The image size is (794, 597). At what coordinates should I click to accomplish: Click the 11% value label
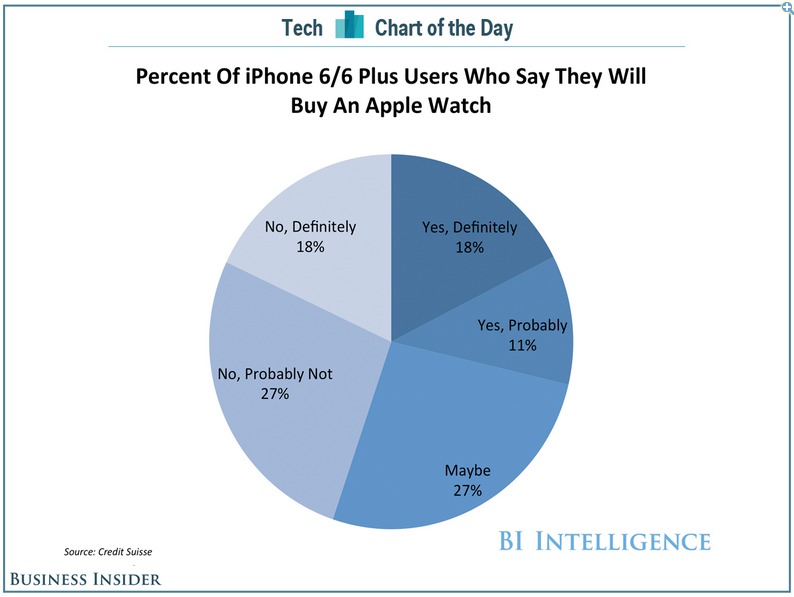pyautogui.click(x=522, y=345)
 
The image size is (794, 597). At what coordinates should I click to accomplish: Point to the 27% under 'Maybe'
pyautogui.click(x=468, y=490)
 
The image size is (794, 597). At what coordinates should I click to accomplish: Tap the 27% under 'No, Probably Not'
pyautogui.click(x=274, y=394)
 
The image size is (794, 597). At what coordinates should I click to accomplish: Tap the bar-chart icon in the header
pyautogui.click(x=349, y=25)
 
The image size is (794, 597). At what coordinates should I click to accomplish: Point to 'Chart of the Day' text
pyautogui.click(x=443, y=27)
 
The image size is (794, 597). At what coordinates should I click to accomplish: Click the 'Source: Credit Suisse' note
pyautogui.click(x=108, y=550)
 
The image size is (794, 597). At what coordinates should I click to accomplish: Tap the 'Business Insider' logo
pyautogui.click(x=85, y=578)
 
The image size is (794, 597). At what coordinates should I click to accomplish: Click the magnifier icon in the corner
pyautogui.click(x=786, y=7)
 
